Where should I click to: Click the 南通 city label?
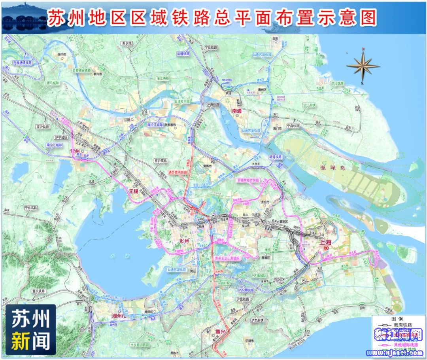pyautogui.click(x=236, y=111)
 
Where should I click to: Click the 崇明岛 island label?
pyautogui.click(x=333, y=168)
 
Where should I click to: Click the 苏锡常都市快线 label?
pyautogui.click(x=248, y=180)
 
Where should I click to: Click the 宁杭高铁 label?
pyautogui.click(x=30, y=207)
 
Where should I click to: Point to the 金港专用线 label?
pyautogui.click(x=182, y=101)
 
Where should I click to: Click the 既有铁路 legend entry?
pyautogui.click(x=395, y=325)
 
